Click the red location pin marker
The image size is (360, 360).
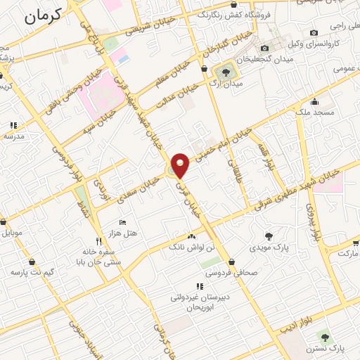[x=181, y=164]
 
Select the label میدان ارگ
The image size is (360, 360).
[x=226, y=85]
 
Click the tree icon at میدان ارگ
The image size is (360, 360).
[x=226, y=72]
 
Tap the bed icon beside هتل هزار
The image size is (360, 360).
[x=122, y=223]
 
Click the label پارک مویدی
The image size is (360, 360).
[x=267, y=247]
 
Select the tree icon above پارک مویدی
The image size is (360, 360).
[x=268, y=236]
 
